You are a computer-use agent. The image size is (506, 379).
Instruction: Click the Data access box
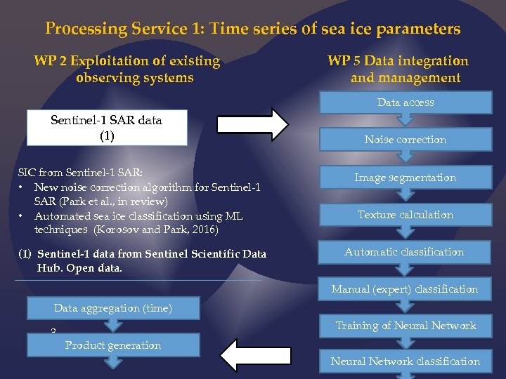click(406, 102)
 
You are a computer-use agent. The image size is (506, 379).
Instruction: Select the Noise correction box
click(406, 140)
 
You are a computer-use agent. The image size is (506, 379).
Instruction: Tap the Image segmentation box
click(406, 178)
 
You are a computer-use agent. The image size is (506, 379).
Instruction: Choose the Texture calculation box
click(406, 215)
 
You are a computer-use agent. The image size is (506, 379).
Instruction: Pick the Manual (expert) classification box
click(405, 289)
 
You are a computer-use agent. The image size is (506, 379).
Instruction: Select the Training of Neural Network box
click(406, 326)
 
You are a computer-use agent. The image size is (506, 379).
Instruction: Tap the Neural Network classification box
click(406, 361)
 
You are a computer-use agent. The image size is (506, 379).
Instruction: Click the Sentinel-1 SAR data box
click(107, 128)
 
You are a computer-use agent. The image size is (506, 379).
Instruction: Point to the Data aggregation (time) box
click(112, 308)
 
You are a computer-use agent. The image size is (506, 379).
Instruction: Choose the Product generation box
click(113, 345)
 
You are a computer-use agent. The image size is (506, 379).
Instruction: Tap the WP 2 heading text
click(126, 69)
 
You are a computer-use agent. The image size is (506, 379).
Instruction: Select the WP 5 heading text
click(398, 69)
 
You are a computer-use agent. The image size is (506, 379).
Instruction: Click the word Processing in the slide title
click(85, 29)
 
